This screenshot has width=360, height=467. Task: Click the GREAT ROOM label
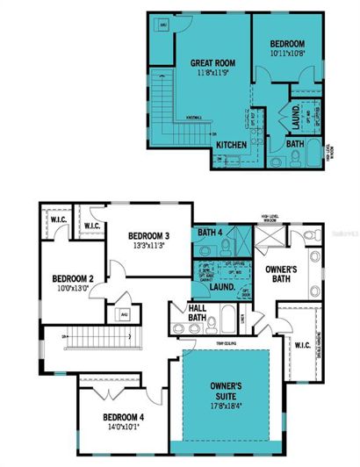[x=211, y=63]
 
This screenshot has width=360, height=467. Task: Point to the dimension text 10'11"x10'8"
[x=287, y=54]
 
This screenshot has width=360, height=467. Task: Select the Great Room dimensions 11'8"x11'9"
[x=211, y=74]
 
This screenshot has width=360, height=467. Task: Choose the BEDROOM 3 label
[x=148, y=236]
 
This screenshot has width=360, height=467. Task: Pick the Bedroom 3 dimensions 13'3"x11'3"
[x=148, y=247]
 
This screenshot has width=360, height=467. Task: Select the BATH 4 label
[x=210, y=232]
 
